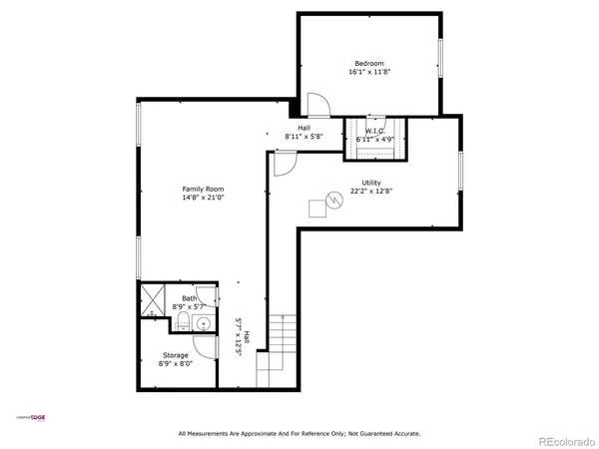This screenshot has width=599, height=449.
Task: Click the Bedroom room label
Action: [369, 63]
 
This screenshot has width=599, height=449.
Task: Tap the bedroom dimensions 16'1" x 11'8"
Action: [369, 72]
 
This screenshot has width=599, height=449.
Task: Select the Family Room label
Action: [203, 189]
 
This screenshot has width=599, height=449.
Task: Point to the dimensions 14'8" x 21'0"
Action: [203, 198]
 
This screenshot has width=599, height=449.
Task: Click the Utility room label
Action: [371, 183]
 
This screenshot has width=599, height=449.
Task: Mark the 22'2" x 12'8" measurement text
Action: [371, 192]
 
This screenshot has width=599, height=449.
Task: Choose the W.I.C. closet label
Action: [375, 131]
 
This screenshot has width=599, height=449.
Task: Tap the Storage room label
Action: [176, 354]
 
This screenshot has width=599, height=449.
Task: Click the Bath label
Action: [189, 297]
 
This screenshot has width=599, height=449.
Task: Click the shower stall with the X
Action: [154, 299]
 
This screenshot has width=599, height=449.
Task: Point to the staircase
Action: [276, 349]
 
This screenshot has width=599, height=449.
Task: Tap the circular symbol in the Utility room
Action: [335, 200]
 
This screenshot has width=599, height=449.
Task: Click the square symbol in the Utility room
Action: [318, 208]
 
